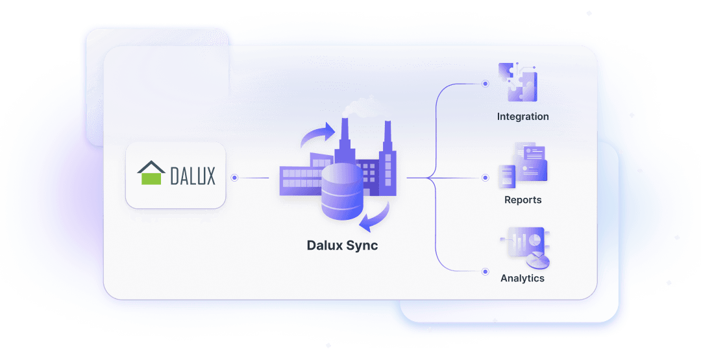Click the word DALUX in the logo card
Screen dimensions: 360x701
pos(193,175)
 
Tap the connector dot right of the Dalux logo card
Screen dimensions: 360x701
pos(234,177)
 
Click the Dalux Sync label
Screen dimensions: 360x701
pos(342,246)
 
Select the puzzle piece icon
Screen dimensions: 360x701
pos(517,82)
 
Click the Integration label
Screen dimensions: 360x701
pos(523,117)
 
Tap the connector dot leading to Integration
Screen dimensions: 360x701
pos(485,84)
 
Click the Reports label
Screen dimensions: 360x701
pos(523,200)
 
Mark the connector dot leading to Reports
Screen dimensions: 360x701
pos(485,177)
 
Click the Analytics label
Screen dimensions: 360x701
pos(523,278)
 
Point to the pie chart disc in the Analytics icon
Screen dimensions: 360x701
pos(537,260)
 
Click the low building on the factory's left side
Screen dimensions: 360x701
pos(299,179)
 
